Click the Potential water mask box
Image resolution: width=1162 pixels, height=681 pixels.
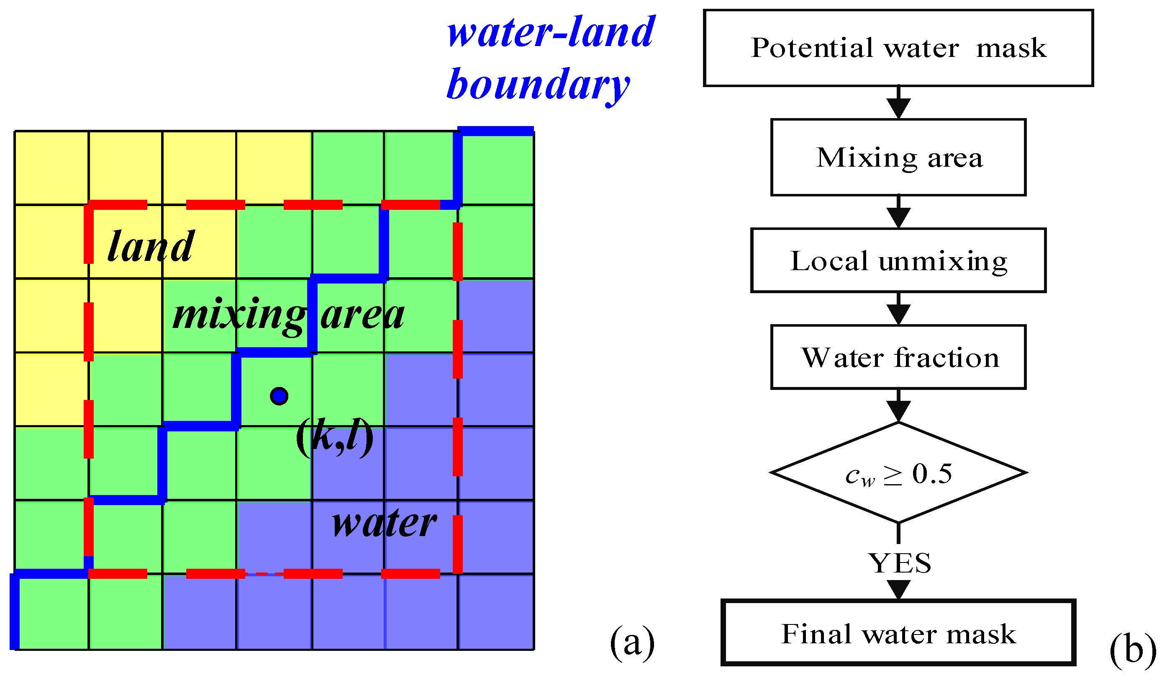coord(898,48)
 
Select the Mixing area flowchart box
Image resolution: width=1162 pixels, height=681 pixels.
coord(898,157)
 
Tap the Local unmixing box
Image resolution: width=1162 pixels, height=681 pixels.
coord(898,261)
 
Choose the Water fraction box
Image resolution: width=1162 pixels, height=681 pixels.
coord(898,358)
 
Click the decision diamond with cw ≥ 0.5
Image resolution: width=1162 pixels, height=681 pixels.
coord(898,473)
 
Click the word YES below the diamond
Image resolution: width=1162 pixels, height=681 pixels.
coord(899,563)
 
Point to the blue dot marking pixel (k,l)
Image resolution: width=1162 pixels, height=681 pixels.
coord(279,396)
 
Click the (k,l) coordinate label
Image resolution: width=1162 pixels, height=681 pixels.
coord(334,436)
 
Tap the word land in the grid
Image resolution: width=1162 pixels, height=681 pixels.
coord(150,247)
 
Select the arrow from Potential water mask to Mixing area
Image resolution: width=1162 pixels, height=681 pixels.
coord(898,103)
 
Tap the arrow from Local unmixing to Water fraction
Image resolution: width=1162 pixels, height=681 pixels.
coord(898,310)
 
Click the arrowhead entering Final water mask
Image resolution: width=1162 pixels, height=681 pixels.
coord(898,590)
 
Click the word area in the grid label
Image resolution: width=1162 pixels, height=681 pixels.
coord(362,315)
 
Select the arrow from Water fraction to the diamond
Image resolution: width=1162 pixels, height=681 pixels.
coord(898,406)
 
